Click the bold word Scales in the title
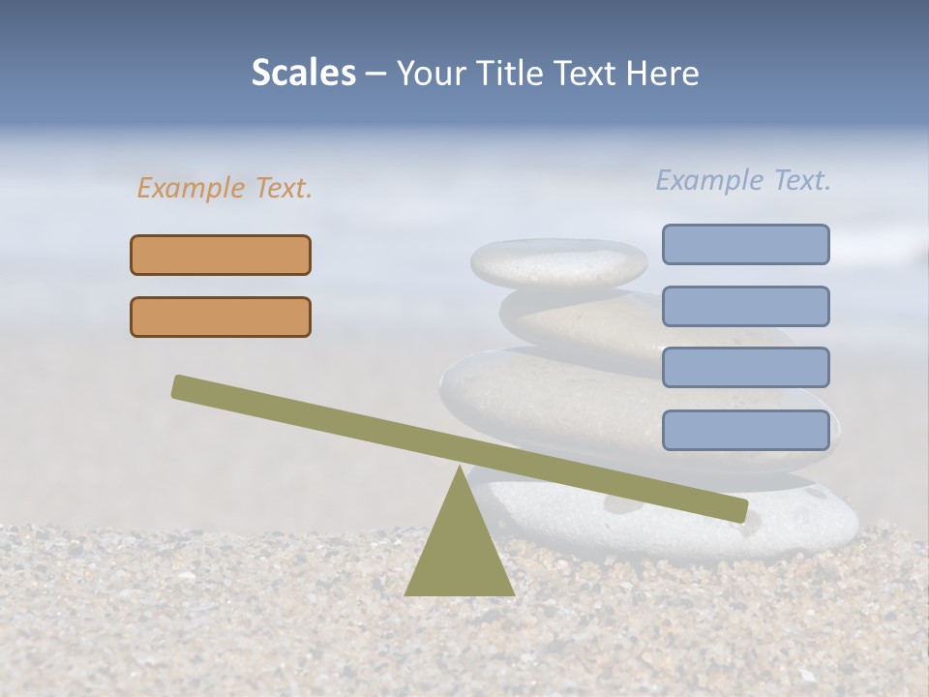point(304,73)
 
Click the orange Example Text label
point(225,188)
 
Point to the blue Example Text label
point(743,180)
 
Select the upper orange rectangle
point(221,255)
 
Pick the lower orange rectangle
point(221,317)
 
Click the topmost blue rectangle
point(745,244)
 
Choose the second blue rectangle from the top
point(745,306)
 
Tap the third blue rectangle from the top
point(745,368)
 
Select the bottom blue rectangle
point(745,430)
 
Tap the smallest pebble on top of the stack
point(558,261)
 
